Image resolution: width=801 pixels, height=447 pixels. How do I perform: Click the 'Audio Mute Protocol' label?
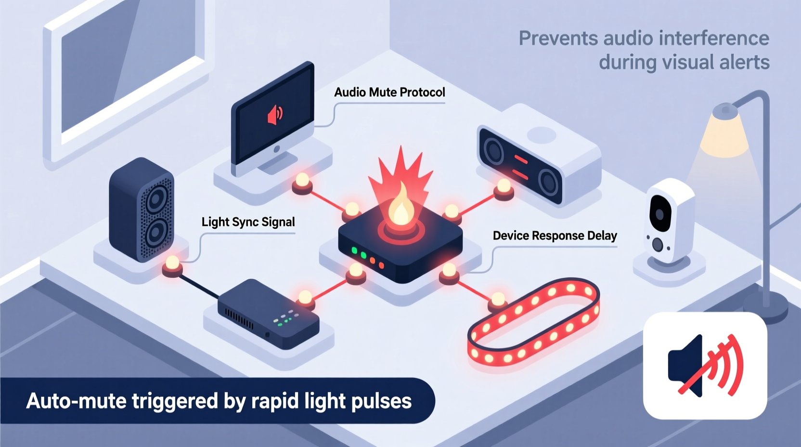click(389, 92)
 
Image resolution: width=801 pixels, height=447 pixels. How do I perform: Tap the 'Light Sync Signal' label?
click(248, 222)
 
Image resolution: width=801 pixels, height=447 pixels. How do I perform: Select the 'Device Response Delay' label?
click(555, 236)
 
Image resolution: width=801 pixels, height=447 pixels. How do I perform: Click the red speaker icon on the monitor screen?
click(275, 115)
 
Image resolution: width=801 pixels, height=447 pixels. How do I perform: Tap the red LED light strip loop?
click(533, 320)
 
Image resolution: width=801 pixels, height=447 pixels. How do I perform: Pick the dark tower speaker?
click(142, 210)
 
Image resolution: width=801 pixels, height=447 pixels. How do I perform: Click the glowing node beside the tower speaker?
click(172, 264)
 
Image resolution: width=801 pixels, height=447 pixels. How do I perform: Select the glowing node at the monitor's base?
click(302, 182)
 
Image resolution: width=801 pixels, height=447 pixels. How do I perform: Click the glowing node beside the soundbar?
click(504, 187)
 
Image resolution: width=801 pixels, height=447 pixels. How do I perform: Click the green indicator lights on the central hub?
click(359, 253)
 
